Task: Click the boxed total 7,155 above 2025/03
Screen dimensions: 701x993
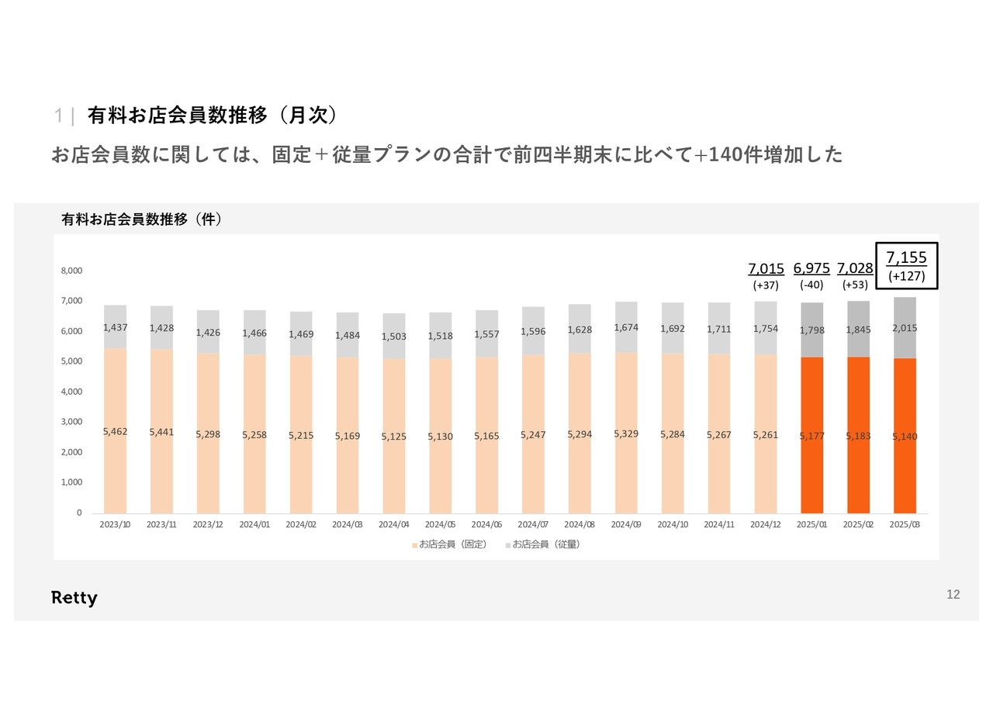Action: coord(906,257)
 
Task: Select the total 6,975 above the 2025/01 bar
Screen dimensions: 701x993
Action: coord(811,268)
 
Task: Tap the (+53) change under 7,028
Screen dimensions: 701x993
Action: coord(855,285)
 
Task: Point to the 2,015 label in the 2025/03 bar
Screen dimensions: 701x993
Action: coord(905,328)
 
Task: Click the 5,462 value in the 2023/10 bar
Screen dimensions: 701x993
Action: coord(116,431)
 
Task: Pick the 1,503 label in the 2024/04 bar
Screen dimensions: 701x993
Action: coord(393,337)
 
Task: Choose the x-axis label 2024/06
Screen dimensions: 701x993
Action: coord(486,524)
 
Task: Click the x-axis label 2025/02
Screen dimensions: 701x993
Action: coord(858,524)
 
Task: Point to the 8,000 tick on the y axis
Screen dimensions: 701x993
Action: coord(71,271)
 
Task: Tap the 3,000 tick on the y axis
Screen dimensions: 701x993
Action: coord(71,422)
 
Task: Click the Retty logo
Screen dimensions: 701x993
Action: coord(74,598)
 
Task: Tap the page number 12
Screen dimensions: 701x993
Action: coord(953,595)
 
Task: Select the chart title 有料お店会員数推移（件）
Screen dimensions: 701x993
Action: coord(142,219)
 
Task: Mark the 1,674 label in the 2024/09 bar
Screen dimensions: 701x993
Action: coord(626,327)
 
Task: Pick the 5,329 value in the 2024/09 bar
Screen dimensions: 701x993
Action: coord(626,433)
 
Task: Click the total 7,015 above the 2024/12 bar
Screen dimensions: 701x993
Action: coord(766,268)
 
